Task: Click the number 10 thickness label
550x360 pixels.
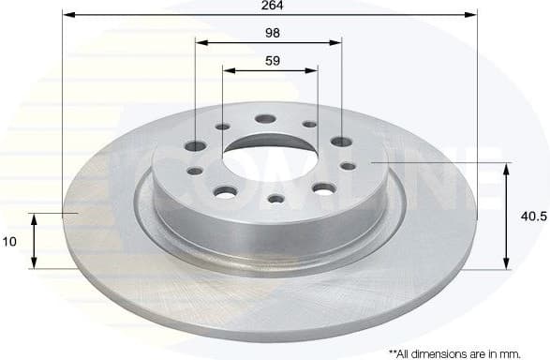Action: [x=10, y=242]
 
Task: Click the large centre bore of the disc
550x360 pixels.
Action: [x=270, y=150]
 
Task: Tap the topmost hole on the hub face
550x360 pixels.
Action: [x=264, y=119]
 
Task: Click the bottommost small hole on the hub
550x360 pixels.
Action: [x=275, y=199]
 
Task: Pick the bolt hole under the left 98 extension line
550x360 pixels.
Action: [x=196, y=146]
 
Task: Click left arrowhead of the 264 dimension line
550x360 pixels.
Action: [x=68, y=16]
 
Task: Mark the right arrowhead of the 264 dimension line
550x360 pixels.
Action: [x=472, y=16]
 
